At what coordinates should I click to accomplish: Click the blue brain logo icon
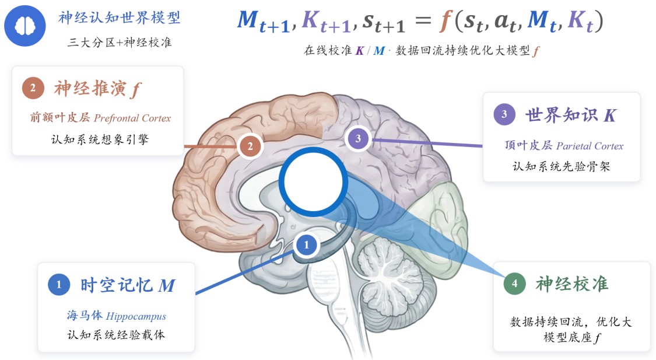click(x=25, y=26)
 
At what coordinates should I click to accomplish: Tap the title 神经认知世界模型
click(x=119, y=18)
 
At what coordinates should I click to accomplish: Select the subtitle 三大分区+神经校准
click(x=119, y=42)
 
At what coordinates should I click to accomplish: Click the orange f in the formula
click(x=445, y=21)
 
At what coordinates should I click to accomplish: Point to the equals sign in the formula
click(x=423, y=20)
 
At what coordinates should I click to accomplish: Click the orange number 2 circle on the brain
click(x=250, y=146)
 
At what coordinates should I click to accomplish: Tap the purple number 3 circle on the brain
click(x=358, y=138)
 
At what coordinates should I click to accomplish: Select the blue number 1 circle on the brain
click(x=306, y=244)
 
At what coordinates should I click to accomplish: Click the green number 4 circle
click(x=514, y=284)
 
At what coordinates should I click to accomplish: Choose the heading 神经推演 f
click(x=97, y=89)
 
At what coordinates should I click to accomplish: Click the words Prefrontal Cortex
click(x=132, y=118)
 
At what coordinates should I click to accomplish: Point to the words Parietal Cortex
click(x=590, y=146)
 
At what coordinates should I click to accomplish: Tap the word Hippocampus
click(x=136, y=316)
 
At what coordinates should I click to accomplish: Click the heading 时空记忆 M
click(x=128, y=285)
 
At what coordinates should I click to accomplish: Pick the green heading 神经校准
click(x=572, y=284)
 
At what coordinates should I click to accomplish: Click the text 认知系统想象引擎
click(x=100, y=139)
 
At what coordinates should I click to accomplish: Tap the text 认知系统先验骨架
click(x=562, y=167)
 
